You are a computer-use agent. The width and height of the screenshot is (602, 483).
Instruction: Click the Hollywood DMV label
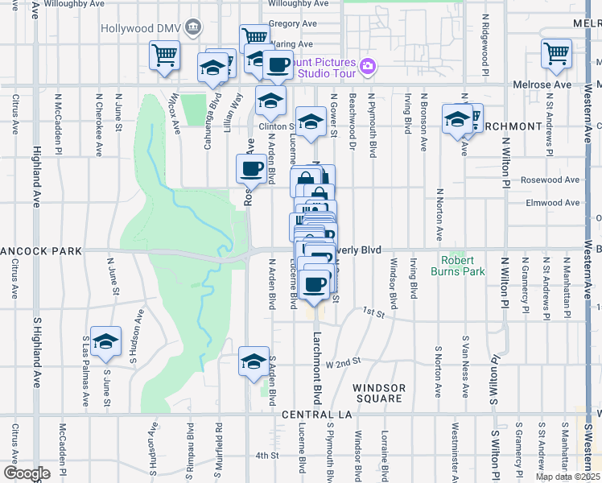pos(140,28)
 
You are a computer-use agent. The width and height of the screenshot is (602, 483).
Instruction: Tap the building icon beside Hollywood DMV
pos(192,28)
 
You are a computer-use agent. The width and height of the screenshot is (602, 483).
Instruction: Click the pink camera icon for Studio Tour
pos(368,66)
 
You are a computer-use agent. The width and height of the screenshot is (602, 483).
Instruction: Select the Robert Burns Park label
pos(463,266)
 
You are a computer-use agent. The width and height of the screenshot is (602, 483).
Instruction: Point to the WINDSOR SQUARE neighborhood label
pos(379,393)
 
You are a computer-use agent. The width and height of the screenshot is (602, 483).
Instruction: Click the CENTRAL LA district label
pos(318,414)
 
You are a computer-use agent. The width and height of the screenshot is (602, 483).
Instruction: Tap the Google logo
pos(26,473)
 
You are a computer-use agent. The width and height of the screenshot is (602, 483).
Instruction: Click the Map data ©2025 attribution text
pos(567,477)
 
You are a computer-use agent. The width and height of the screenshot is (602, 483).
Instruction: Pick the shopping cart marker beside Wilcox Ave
pos(164,56)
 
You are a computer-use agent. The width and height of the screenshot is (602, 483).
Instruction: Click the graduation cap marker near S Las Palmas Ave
pos(105,342)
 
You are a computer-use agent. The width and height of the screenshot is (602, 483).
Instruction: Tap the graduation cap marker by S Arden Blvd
pos(254,362)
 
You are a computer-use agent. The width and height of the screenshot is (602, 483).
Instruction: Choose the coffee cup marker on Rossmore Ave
pos(249,169)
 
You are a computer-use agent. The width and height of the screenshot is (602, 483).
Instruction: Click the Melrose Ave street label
pos(543,85)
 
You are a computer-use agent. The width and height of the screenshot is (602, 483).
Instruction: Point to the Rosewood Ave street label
pos(550,180)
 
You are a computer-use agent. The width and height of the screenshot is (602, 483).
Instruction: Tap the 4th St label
pos(266,456)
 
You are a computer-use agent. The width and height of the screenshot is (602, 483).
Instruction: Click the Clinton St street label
pos(277,126)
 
